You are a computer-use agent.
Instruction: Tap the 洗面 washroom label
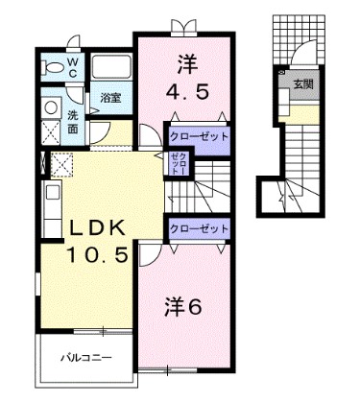[73, 123]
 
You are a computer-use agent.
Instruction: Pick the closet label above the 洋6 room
[200, 228]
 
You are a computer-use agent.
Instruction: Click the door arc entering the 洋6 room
[152, 251]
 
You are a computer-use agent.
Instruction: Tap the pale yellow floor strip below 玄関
[302, 114]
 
